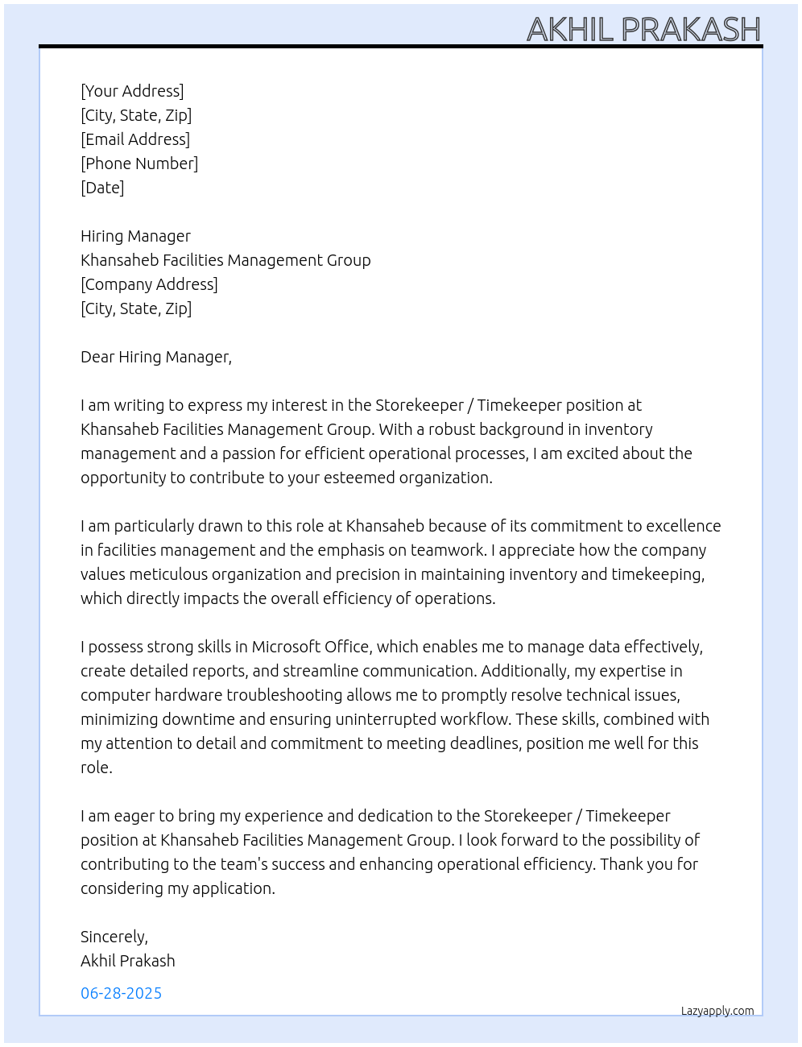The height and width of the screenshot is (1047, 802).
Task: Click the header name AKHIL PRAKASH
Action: click(643, 30)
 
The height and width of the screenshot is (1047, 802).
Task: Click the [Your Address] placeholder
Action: click(132, 91)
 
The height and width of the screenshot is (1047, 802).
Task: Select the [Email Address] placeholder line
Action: click(135, 139)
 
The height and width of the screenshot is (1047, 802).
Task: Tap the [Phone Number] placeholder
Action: click(139, 163)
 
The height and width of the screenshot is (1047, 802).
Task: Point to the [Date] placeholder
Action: click(102, 188)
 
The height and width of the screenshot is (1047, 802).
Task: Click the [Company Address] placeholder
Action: click(149, 284)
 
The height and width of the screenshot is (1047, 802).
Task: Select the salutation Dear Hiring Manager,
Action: click(156, 357)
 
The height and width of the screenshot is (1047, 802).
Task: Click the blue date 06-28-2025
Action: click(121, 993)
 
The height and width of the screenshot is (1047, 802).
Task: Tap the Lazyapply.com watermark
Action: click(717, 1011)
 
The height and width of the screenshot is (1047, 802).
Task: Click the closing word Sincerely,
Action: click(114, 937)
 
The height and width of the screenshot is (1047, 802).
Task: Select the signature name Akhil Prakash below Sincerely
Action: click(127, 961)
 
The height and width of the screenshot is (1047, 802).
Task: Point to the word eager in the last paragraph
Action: click(132, 817)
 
